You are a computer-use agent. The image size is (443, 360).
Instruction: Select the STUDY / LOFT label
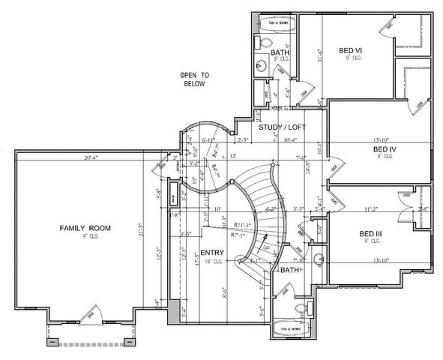(x=280, y=127)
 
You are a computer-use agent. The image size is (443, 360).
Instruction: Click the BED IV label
(x=385, y=149)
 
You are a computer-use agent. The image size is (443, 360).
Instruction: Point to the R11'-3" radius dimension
(x=241, y=224)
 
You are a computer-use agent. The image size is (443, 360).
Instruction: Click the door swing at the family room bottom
(x=91, y=311)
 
